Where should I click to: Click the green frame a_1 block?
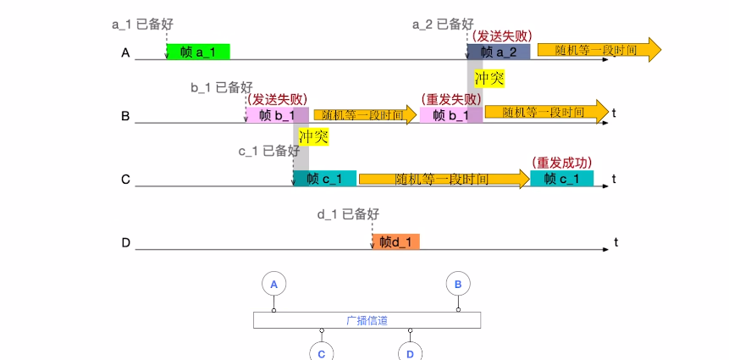[197, 52]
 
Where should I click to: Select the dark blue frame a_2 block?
[499, 52]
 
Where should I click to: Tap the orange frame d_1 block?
[395, 242]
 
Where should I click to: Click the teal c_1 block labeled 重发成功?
[561, 179]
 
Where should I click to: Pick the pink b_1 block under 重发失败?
[450, 115]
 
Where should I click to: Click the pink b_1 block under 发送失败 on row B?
[277, 115]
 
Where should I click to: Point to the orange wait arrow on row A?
[598, 50]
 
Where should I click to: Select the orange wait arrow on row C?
[443, 179]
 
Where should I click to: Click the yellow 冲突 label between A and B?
[489, 79]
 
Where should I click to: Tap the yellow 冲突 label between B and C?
[313, 136]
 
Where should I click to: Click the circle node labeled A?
[273, 285]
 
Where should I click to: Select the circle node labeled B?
[458, 285]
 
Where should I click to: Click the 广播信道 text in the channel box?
[367, 320]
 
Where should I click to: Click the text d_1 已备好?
[347, 213]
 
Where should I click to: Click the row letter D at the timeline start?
[125, 244]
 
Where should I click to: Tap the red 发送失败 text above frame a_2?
[504, 36]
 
